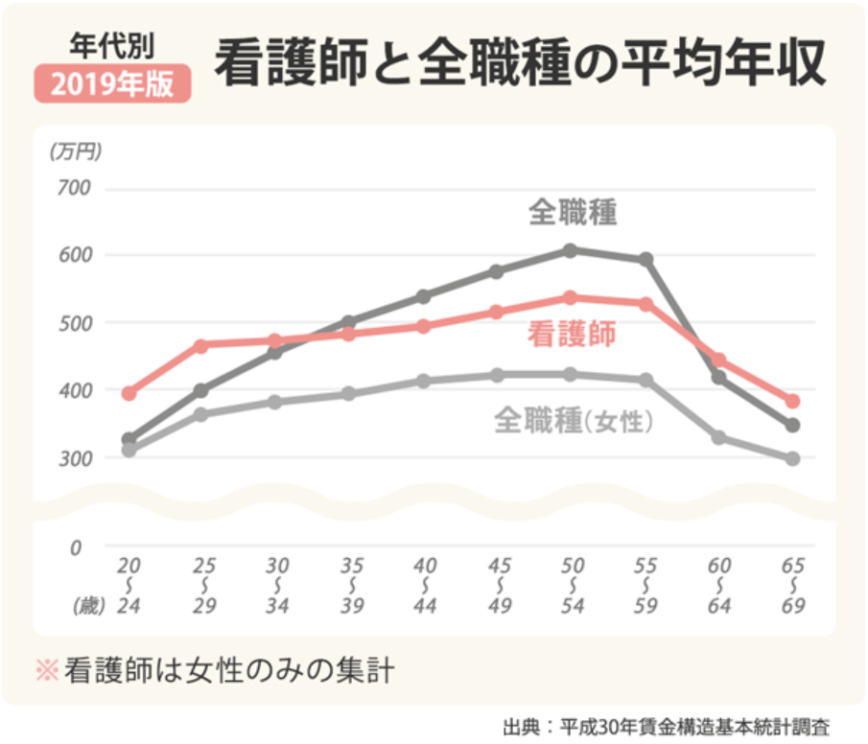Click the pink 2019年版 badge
tap(114, 84)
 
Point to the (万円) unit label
tap(75, 151)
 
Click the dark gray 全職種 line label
tap(573, 212)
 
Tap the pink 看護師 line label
tap(572, 333)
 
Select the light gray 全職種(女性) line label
tap(574, 420)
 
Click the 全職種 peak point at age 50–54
tap(570, 250)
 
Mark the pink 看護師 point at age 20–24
tap(129, 393)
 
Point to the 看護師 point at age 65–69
tap(792, 401)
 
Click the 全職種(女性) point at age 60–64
tap(718, 438)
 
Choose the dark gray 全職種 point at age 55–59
tap(646, 260)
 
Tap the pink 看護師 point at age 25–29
tap(201, 345)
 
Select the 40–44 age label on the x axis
tap(425, 585)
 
